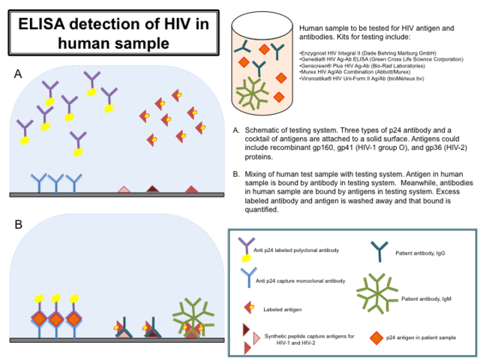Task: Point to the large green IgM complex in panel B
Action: (193, 315)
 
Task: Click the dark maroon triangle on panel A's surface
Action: (154, 188)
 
